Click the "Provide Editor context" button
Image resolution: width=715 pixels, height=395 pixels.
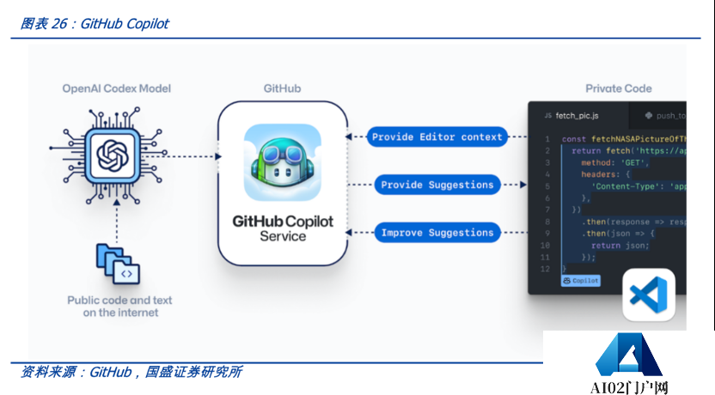437,137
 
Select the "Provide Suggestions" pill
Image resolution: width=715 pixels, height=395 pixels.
437,185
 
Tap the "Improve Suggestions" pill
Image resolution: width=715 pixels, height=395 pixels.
437,233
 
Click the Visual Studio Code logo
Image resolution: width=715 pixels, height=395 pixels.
649,295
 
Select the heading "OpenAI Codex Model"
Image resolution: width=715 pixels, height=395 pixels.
116,88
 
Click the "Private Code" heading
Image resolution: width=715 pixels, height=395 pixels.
618,88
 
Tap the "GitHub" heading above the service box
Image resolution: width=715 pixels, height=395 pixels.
282,88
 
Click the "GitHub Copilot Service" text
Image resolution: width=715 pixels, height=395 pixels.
282,228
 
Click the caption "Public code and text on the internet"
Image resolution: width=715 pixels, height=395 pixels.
119,307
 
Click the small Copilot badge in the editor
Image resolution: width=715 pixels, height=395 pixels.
581,281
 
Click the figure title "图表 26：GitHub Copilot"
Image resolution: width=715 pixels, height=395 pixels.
94,24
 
